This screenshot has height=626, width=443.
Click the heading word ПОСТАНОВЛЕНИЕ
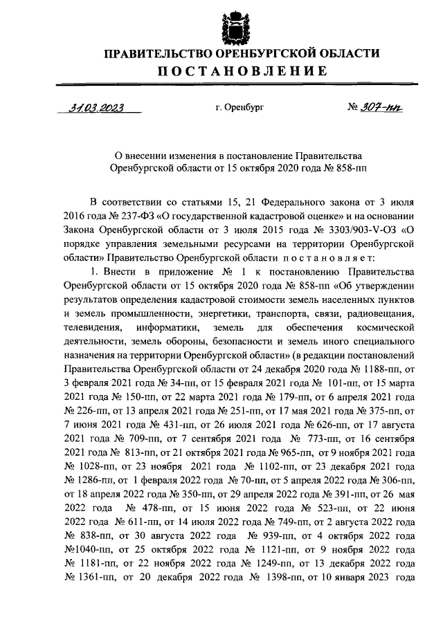[235, 71]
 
